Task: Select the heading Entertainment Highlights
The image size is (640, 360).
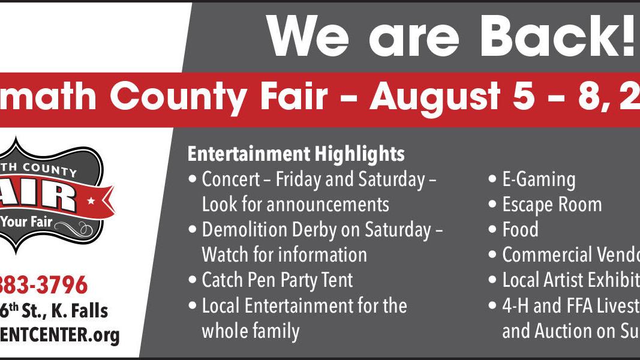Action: point(296,154)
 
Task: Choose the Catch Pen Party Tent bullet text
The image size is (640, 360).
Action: point(277,280)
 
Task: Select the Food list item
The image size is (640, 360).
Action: point(520,230)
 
